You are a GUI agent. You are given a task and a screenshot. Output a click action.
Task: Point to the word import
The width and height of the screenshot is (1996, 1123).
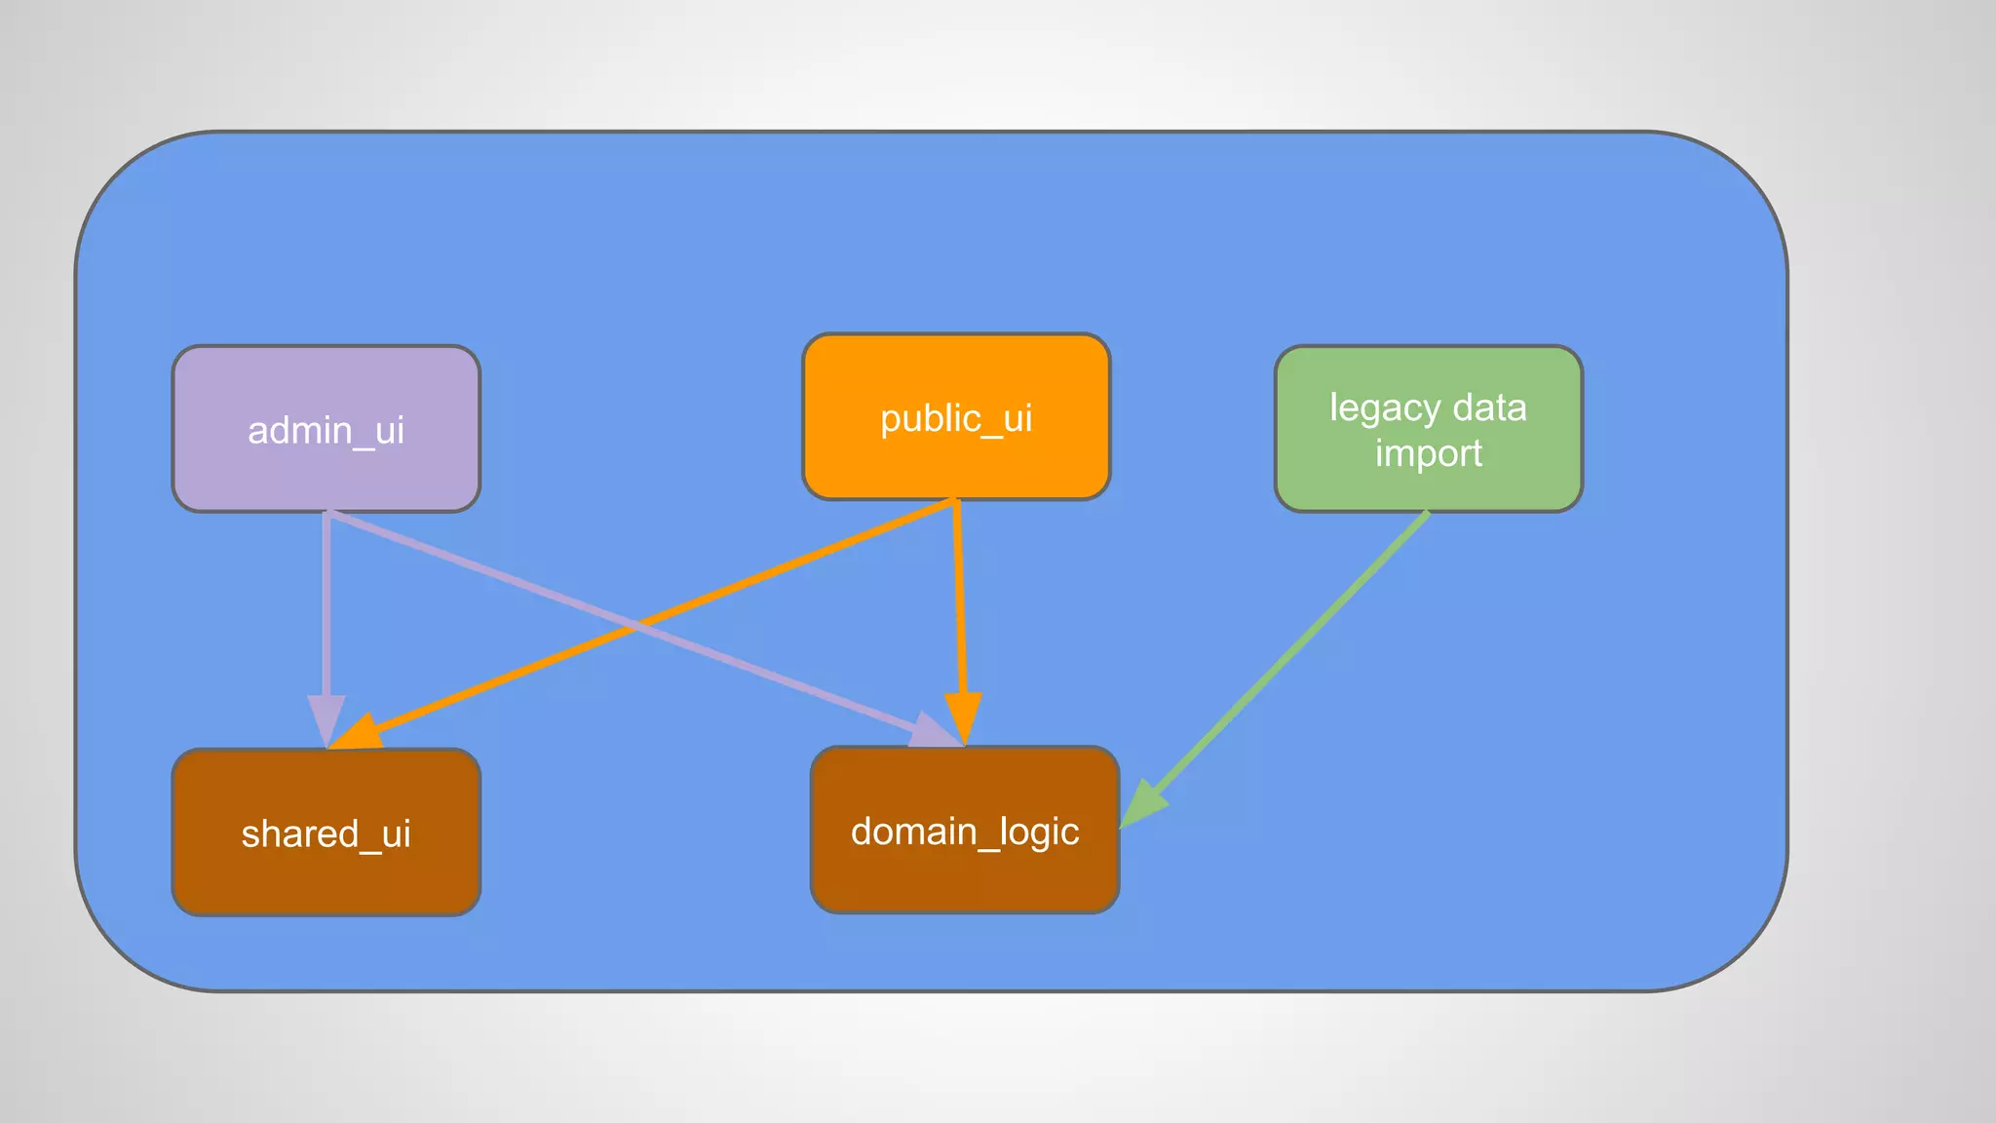point(1429,453)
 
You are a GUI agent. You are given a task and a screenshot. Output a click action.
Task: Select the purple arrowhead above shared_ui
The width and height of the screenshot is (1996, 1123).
point(326,718)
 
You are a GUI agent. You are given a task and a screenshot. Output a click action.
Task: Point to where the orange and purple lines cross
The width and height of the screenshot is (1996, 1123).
point(635,626)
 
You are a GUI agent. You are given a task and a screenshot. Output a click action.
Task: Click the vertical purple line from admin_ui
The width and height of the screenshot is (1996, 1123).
point(326,604)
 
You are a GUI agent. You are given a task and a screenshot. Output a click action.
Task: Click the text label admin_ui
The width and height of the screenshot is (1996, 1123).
point(326,430)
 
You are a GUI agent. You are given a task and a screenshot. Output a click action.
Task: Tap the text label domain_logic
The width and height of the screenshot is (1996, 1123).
point(965,832)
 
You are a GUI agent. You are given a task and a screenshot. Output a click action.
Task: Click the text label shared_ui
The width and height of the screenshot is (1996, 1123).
point(326,834)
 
